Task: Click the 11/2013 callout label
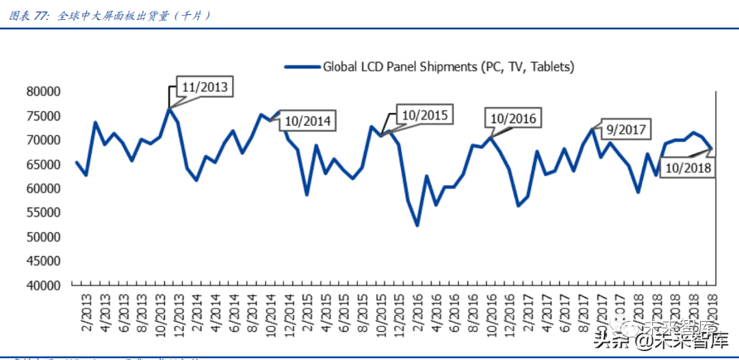point(204,87)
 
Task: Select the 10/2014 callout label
point(307,122)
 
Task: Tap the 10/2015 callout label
point(424,115)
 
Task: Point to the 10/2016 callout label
point(513,118)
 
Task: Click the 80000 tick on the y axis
point(43,92)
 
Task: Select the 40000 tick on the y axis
point(43,285)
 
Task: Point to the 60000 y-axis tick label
point(43,189)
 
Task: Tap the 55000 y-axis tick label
point(43,213)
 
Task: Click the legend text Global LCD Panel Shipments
point(448,66)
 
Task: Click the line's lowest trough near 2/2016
point(417,225)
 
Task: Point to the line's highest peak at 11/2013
point(169,108)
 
